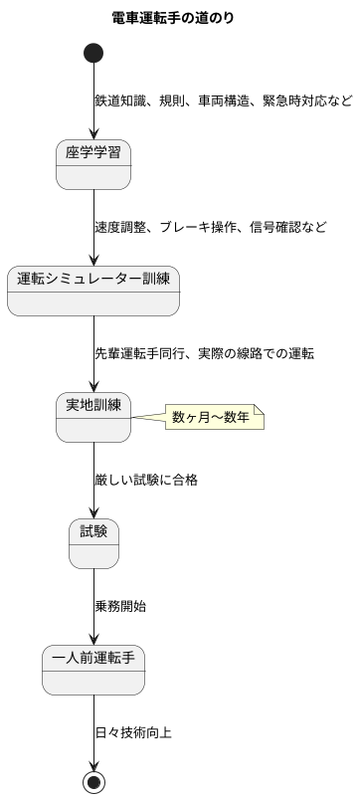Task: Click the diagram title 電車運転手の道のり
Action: click(x=173, y=17)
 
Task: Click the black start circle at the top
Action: click(x=93, y=53)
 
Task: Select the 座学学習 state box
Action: click(x=93, y=163)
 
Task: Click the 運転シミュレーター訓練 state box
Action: click(x=93, y=290)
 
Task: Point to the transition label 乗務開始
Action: click(x=120, y=606)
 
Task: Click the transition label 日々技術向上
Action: click(x=133, y=732)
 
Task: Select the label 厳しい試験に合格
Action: click(x=146, y=480)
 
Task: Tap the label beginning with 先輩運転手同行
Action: click(x=204, y=353)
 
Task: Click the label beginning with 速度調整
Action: click(x=210, y=227)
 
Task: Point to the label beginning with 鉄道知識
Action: click(x=223, y=100)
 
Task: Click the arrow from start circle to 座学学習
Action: click(x=93, y=100)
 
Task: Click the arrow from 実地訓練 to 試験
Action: click(x=93, y=479)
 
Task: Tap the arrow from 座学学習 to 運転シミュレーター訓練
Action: click(x=93, y=226)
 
